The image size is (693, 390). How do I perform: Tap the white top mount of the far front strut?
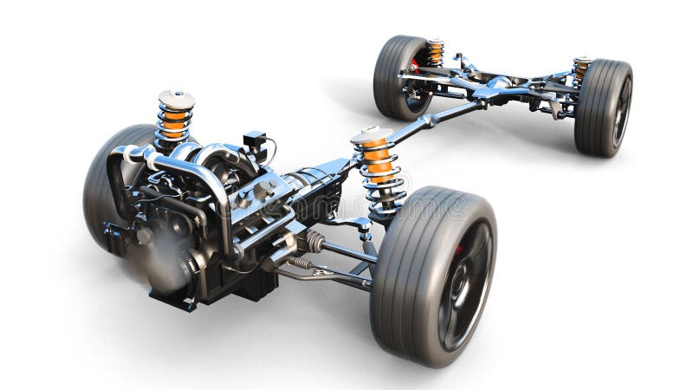coord(177,99)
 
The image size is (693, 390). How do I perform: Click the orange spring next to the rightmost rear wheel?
coord(580,69)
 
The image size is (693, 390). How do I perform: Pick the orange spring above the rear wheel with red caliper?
coord(435,53)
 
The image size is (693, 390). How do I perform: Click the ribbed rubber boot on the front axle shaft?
coord(315,241)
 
